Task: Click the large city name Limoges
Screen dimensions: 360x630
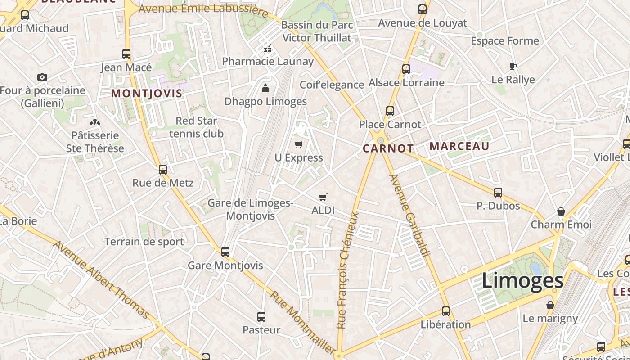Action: click(x=522, y=280)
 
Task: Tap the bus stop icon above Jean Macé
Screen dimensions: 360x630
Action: click(x=126, y=54)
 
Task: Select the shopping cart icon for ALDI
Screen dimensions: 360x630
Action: click(x=323, y=197)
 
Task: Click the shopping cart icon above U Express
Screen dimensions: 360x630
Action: click(x=298, y=144)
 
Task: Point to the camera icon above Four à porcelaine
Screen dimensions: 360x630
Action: click(x=42, y=77)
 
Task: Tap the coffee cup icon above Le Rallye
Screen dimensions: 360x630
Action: click(x=513, y=67)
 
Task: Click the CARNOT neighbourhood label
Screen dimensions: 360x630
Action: click(x=388, y=148)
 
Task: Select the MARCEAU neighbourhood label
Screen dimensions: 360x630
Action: click(x=459, y=146)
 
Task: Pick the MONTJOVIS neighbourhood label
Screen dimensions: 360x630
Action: click(x=147, y=94)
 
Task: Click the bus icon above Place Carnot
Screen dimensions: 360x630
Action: click(x=390, y=111)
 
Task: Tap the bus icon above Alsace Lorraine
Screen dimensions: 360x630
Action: click(x=406, y=69)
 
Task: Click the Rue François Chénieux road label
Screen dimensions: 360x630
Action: click(x=348, y=270)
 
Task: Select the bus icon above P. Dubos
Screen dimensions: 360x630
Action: click(x=498, y=193)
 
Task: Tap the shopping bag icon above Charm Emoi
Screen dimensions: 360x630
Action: click(x=561, y=211)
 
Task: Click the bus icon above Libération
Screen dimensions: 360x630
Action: click(x=446, y=311)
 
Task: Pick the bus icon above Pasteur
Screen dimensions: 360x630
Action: click(x=261, y=316)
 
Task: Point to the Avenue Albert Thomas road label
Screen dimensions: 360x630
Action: click(x=101, y=279)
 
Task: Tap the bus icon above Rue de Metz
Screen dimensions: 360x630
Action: click(x=163, y=170)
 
